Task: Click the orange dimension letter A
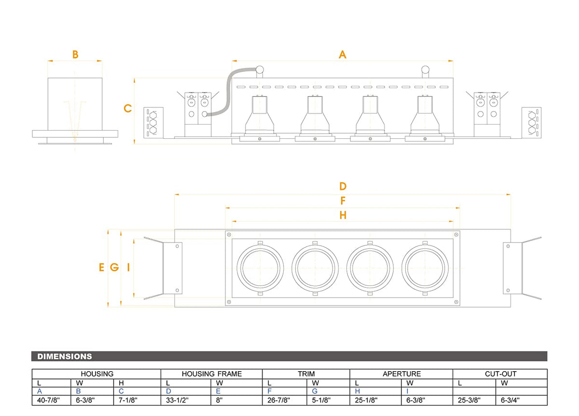point(343,54)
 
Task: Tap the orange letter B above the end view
point(75,54)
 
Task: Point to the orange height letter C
point(128,108)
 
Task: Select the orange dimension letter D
point(343,186)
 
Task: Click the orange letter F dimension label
point(343,201)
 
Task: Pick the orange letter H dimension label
point(343,215)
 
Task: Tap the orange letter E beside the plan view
point(102,267)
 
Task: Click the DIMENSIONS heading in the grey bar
point(65,356)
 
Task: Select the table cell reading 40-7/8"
point(48,400)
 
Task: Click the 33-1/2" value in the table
point(177,400)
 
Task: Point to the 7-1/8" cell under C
point(128,400)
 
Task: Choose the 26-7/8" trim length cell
point(279,400)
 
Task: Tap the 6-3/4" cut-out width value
point(510,400)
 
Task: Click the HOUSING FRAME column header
point(212,374)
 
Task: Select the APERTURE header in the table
point(401,374)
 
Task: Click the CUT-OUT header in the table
point(501,374)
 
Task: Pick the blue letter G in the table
point(315,391)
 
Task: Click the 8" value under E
point(219,400)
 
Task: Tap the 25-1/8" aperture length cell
point(366,400)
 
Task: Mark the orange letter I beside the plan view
point(128,267)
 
